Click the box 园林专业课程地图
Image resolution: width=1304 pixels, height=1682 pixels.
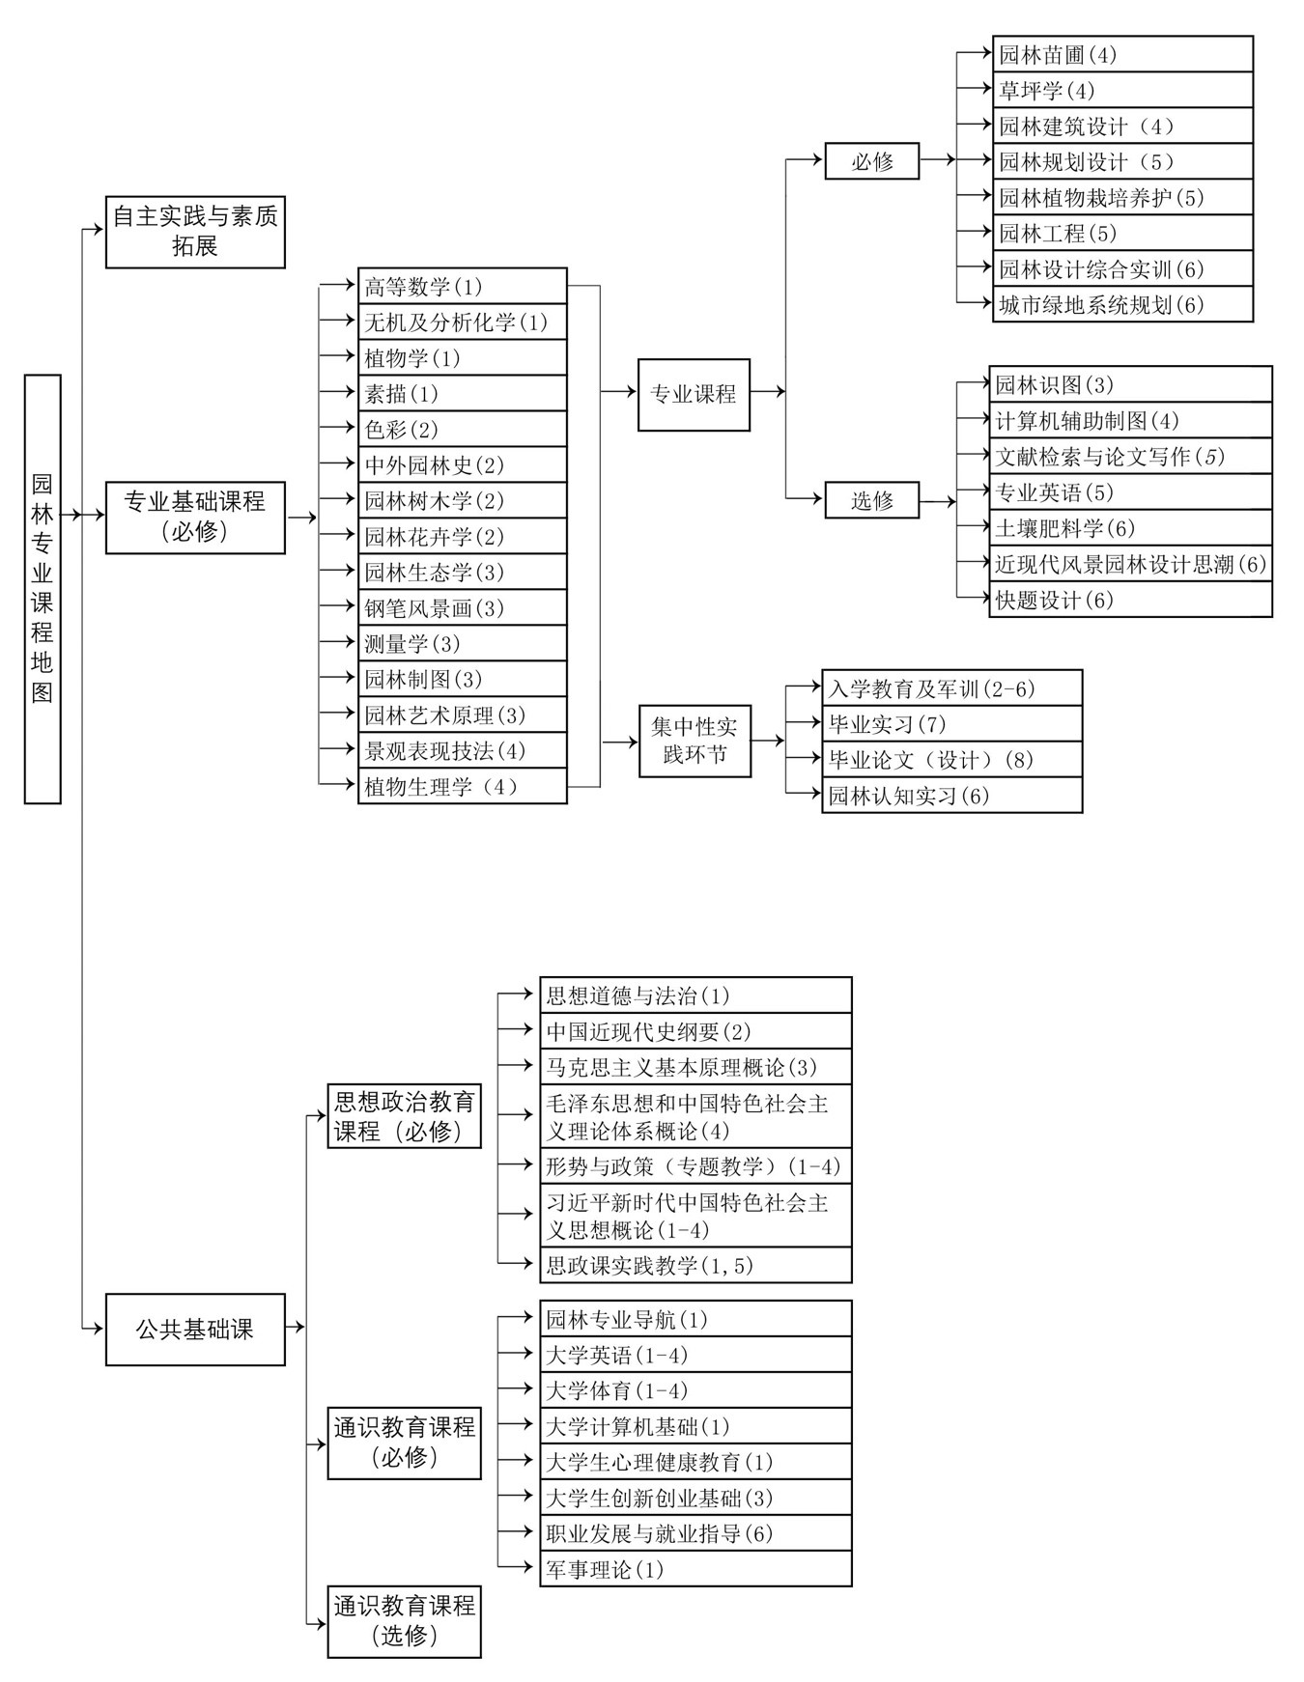click(x=43, y=589)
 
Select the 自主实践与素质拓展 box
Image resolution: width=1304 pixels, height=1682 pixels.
click(x=195, y=232)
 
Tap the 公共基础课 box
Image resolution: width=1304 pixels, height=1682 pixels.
click(x=195, y=1330)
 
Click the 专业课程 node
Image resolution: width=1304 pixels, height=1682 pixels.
click(x=694, y=394)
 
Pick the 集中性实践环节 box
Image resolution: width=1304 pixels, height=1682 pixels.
click(x=695, y=741)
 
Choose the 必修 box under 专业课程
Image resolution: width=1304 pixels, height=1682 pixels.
click(x=872, y=161)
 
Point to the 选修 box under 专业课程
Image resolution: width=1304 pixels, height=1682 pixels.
click(x=872, y=500)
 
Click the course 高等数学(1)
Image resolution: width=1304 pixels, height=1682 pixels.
click(x=463, y=286)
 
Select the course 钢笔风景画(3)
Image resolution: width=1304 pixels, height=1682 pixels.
click(x=463, y=607)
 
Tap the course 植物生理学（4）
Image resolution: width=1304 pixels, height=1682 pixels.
click(x=463, y=786)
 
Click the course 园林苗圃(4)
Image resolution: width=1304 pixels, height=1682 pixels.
click(x=1122, y=54)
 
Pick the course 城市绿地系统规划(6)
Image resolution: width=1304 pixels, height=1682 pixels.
click(x=1122, y=304)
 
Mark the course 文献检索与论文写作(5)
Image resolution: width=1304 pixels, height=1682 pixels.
click(x=1130, y=456)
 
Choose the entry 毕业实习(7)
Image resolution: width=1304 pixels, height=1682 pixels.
click(x=952, y=723)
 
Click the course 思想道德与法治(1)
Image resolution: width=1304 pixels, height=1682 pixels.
click(x=695, y=995)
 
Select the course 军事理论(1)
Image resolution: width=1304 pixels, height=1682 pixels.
click(x=695, y=1569)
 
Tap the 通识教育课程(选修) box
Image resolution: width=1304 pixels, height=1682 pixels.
click(x=405, y=1622)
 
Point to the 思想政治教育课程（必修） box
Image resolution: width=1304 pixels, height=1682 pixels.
click(x=405, y=1115)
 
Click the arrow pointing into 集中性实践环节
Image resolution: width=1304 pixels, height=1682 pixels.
click(x=620, y=742)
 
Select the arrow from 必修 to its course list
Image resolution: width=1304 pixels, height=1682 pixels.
click(x=938, y=160)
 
